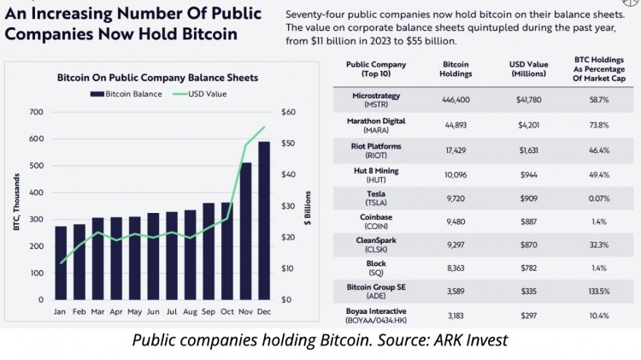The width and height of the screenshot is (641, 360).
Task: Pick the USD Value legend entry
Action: (199, 93)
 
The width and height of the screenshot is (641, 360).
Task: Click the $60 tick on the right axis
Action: (288, 113)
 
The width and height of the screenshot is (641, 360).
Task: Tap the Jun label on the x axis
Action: (153, 312)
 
